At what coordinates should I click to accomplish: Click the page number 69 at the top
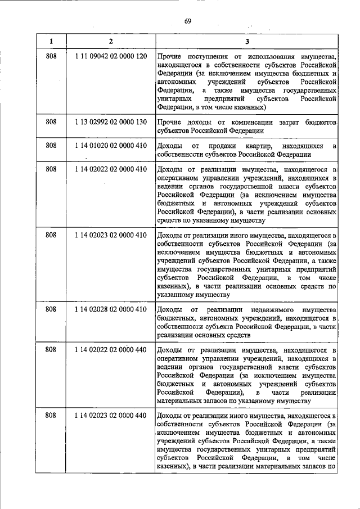(x=188, y=21)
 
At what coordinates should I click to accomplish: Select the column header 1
(x=51, y=41)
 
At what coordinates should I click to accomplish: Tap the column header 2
(x=110, y=41)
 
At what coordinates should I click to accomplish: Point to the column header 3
(x=247, y=41)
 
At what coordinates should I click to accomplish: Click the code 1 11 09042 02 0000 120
(x=110, y=57)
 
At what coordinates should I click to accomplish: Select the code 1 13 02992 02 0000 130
(x=110, y=122)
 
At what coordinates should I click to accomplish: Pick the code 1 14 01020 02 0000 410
(x=110, y=146)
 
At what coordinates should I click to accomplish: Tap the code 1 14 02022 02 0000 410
(x=110, y=169)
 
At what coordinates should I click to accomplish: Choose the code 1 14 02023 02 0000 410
(x=110, y=235)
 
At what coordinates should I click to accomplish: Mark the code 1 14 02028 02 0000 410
(x=110, y=309)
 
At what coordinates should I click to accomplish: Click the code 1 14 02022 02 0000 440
(x=110, y=350)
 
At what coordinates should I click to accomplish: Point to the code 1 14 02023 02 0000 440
(x=110, y=416)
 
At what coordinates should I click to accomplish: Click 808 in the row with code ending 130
(x=51, y=122)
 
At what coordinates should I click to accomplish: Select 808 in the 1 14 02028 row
(x=51, y=309)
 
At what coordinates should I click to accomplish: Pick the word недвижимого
(x=273, y=309)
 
